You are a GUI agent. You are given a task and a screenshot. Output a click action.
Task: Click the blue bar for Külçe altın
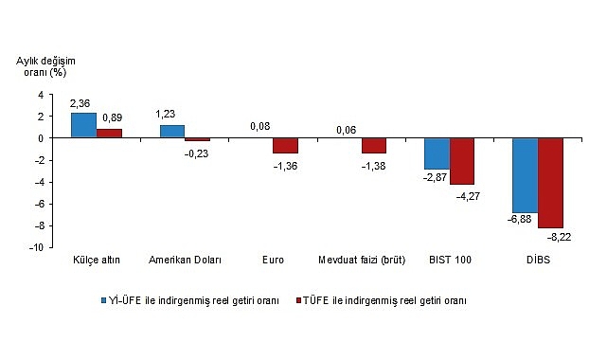(83, 125)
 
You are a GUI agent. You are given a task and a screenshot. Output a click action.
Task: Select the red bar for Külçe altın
(109, 134)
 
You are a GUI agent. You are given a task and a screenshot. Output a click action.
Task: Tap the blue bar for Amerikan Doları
(172, 132)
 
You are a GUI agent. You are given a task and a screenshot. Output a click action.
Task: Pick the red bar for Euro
(285, 146)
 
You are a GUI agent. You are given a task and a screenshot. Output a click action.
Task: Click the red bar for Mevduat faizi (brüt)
(373, 146)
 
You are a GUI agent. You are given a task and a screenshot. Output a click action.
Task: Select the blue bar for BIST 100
(437, 153)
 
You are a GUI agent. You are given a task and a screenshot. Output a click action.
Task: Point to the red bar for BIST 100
(462, 161)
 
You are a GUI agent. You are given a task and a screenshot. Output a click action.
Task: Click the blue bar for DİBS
(525, 175)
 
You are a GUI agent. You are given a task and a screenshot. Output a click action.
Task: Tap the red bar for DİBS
(550, 183)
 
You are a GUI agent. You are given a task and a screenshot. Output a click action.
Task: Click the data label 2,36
(80, 102)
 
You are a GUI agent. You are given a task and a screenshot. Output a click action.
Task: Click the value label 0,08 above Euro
(259, 125)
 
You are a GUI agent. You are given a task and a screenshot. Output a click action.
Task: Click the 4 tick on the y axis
(40, 95)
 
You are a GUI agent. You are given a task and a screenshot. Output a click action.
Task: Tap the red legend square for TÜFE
(296, 300)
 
